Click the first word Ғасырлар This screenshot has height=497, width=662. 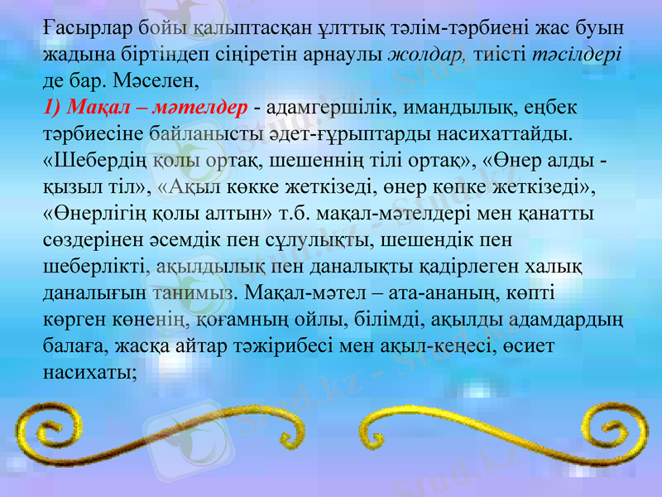click(x=79, y=31)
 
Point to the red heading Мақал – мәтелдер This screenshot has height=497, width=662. click(x=146, y=108)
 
